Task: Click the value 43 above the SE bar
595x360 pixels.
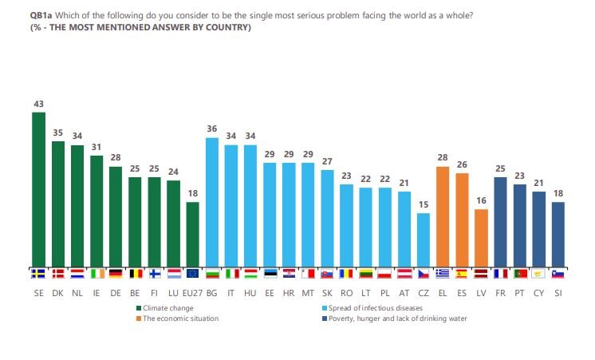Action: [38, 104]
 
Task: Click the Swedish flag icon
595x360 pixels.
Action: [38, 274]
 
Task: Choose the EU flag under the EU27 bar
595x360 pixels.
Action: [192, 274]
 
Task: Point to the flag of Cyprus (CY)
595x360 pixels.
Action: [539, 274]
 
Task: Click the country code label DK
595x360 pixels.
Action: [57, 293]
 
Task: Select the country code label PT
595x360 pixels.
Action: [520, 293]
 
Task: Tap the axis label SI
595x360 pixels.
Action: [558, 293]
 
